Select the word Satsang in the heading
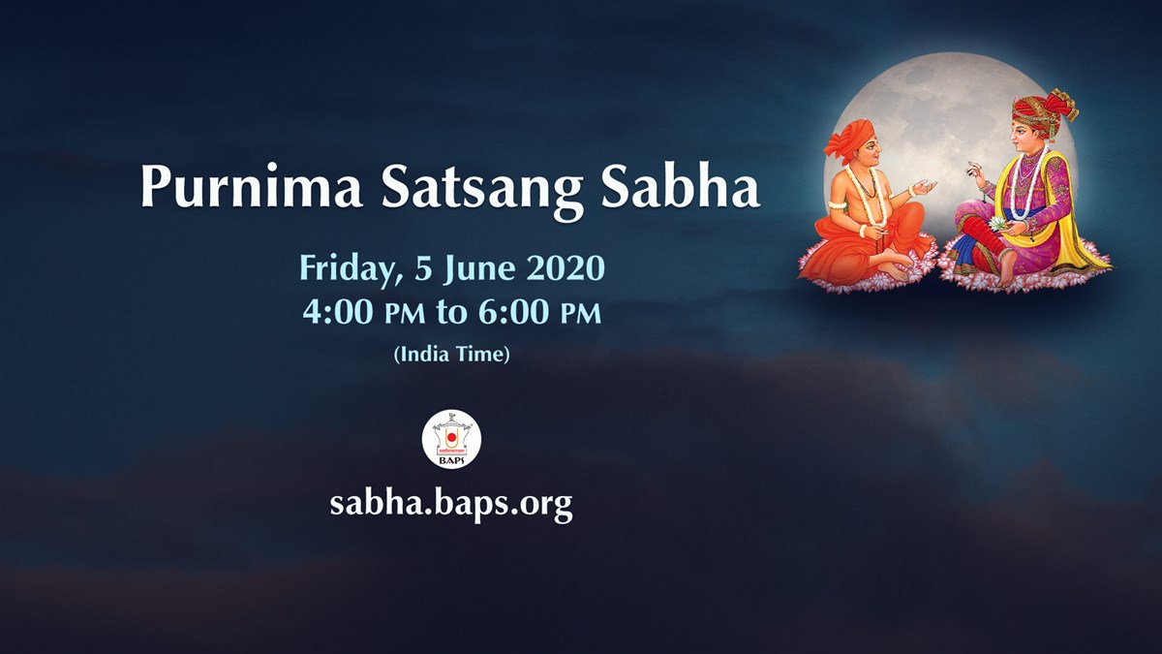click(482, 192)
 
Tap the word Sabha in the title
click(680, 186)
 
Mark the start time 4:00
click(338, 312)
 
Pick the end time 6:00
click(513, 312)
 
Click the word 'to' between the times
click(452, 313)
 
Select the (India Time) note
click(452, 354)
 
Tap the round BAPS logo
click(451, 439)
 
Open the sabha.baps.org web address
click(451, 504)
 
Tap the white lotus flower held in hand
click(996, 223)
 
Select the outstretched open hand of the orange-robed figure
click(924, 187)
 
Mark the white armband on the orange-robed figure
click(836, 204)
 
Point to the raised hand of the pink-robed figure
click(976, 172)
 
